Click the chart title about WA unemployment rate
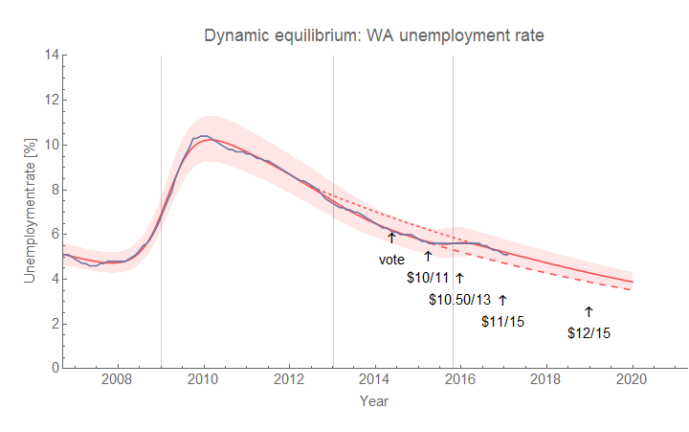click(374, 36)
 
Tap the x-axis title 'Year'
click(373, 402)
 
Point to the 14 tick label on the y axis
click(48, 55)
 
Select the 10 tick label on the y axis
click(48, 145)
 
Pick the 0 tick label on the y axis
click(52, 368)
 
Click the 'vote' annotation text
click(391, 259)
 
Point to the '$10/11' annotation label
click(426, 278)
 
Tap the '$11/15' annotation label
click(502, 321)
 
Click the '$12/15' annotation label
click(589, 333)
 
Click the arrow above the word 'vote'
click(391, 238)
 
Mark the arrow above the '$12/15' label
click(589, 311)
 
